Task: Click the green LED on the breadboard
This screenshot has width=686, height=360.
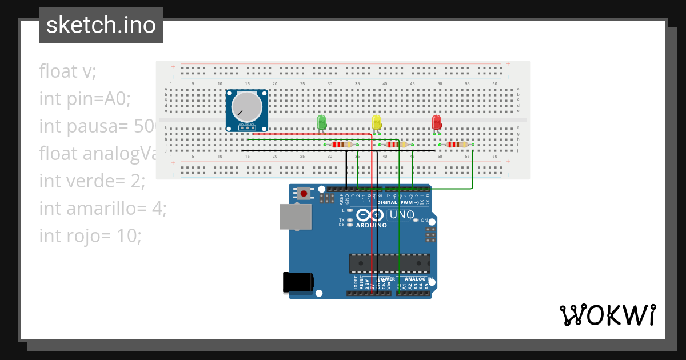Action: click(x=321, y=121)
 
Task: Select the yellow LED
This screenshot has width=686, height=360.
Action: click(x=376, y=122)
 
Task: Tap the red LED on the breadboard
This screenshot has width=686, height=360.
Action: click(x=436, y=122)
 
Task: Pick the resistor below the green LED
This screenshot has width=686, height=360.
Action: click(x=342, y=145)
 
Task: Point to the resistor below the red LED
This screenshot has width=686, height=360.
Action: click(x=457, y=145)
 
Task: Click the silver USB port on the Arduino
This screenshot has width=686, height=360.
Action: click(x=296, y=217)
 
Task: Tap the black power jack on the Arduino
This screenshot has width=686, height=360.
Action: click(x=298, y=282)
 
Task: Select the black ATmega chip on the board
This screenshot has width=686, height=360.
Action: click(x=389, y=263)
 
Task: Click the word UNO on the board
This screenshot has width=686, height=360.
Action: click(x=402, y=215)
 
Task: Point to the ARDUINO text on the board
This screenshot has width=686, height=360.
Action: click(x=371, y=225)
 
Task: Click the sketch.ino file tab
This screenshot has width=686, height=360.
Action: click(x=101, y=25)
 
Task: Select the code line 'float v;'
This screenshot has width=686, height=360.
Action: click(x=67, y=71)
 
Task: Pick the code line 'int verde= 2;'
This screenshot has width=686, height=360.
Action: click(x=92, y=181)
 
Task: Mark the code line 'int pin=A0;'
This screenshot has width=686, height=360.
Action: click(x=85, y=99)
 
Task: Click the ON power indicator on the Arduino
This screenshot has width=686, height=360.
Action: click(x=424, y=220)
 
